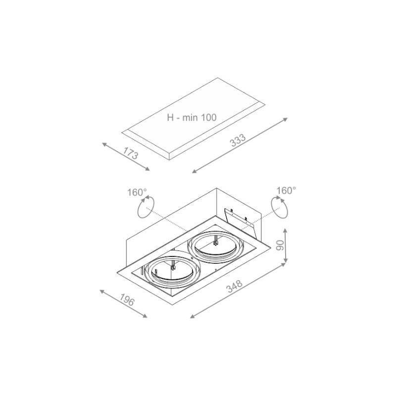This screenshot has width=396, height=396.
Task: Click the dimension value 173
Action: [x=131, y=153]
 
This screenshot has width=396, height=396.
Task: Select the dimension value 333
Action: [x=238, y=140]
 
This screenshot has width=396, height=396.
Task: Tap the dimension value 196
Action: [x=127, y=300]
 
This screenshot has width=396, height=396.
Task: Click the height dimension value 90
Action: [x=280, y=245]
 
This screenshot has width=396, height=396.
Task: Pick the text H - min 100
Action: [x=192, y=117]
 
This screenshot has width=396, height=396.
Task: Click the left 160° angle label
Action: [x=137, y=193]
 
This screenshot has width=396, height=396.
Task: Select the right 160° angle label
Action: [x=286, y=191]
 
